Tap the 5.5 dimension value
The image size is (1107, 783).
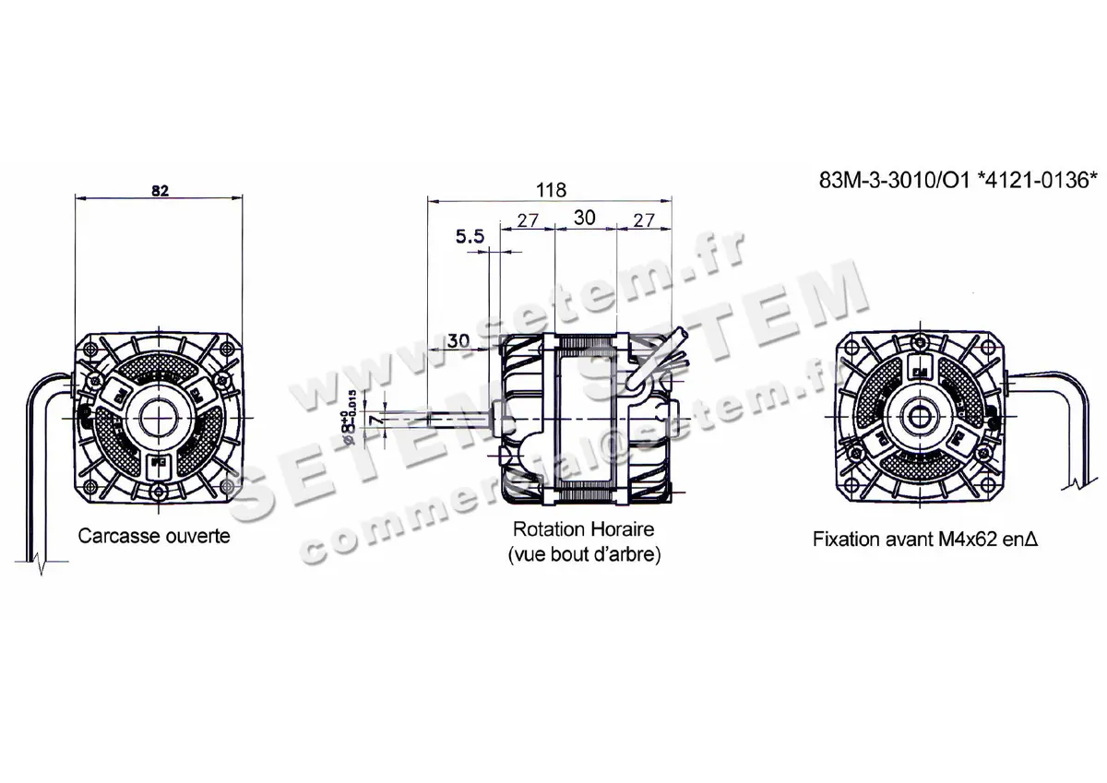[x=470, y=238]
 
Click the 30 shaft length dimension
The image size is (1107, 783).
[x=458, y=340]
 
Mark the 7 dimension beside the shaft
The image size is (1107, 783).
[x=373, y=420]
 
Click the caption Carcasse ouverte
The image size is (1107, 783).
[x=154, y=536]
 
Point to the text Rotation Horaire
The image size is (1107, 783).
[x=583, y=530]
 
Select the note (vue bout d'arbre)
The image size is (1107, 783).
[x=583, y=556]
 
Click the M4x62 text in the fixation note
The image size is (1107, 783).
[x=962, y=539]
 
